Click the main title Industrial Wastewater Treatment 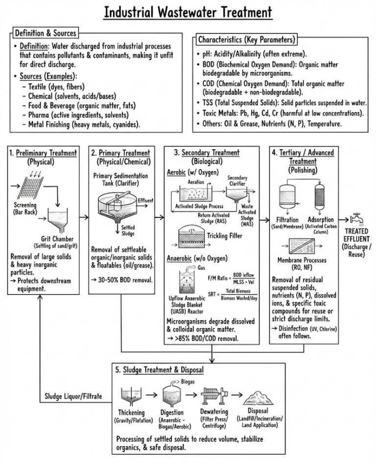[x=188, y=12]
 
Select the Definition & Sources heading [x=45, y=33]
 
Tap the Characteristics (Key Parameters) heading [x=246, y=39]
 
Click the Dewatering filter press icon [x=211, y=394]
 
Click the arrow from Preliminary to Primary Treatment [x=83, y=215]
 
